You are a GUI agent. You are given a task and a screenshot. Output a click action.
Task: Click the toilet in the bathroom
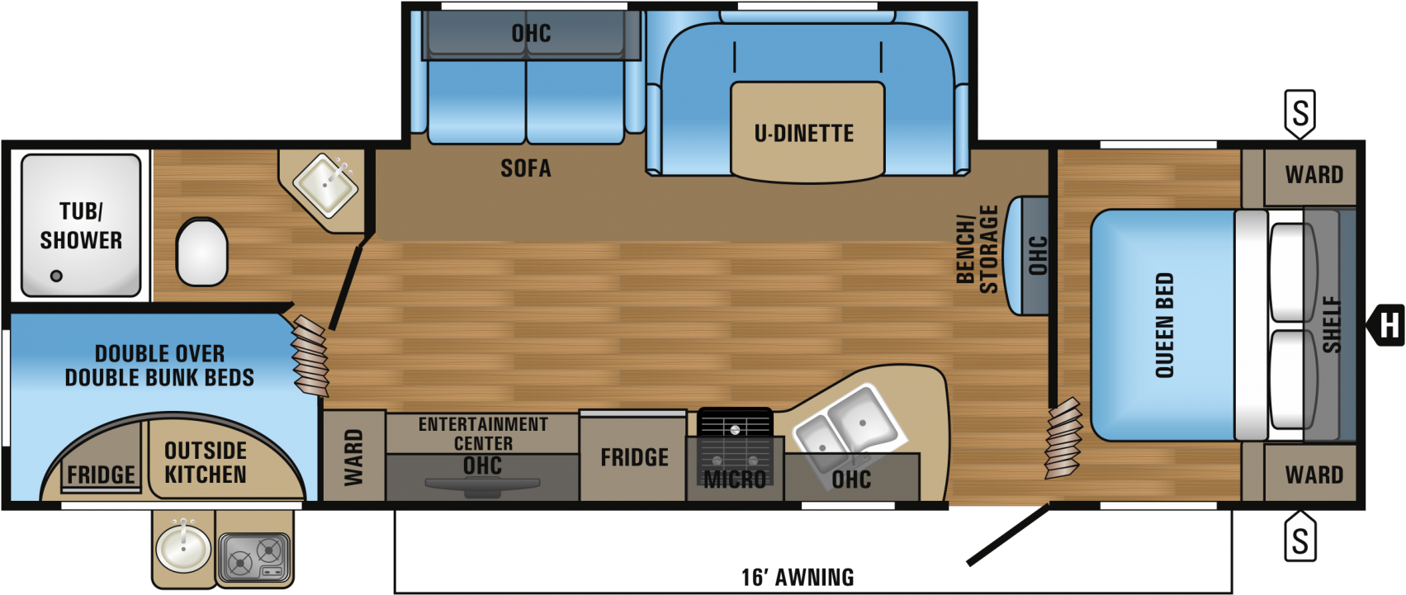coord(201,252)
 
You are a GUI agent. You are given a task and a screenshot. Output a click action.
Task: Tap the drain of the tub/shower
coord(57,276)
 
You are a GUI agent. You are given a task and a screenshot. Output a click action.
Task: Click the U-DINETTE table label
coord(804,134)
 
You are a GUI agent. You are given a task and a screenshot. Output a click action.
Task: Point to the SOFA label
coord(526,168)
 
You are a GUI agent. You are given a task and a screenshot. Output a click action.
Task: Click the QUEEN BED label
coord(1164,325)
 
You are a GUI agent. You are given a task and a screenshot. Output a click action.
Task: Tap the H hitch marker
coord(1389,325)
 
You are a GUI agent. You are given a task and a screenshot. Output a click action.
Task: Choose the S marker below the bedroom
coord(1300,540)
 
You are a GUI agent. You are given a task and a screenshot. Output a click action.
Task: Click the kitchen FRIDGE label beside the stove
coord(634,458)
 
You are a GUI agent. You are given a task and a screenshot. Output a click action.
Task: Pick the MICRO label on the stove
coord(734,479)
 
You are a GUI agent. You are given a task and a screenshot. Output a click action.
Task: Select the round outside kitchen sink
coord(183,545)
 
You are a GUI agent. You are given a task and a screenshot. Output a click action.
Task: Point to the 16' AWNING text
coord(798,577)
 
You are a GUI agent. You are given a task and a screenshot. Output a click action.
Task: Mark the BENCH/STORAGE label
coord(978,249)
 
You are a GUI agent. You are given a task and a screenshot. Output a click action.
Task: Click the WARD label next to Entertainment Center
coord(353,457)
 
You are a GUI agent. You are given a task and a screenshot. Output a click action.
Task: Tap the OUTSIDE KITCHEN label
coord(206,463)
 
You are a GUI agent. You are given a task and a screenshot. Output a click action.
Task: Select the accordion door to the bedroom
coord(1063,438)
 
